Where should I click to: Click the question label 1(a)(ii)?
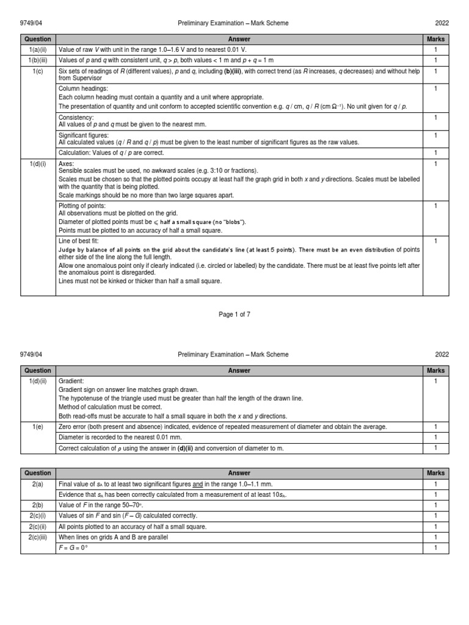point(37,49)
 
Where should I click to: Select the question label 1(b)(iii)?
point(37,60)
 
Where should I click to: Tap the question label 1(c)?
point(37,71)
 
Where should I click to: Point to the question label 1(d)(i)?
point(37,164)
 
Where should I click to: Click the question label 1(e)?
point(37,427)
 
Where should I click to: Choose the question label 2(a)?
point(37,484)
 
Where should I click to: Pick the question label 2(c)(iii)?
point(37,537)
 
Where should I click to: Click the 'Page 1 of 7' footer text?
point(234,314)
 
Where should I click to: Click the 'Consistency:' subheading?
point(76,117)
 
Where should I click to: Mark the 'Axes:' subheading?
point(66,164)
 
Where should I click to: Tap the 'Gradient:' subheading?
point(71,380)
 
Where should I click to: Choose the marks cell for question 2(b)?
point(436,505)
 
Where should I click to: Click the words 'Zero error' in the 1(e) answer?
point(73,427)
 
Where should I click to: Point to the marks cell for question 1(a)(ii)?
point(436,49)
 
